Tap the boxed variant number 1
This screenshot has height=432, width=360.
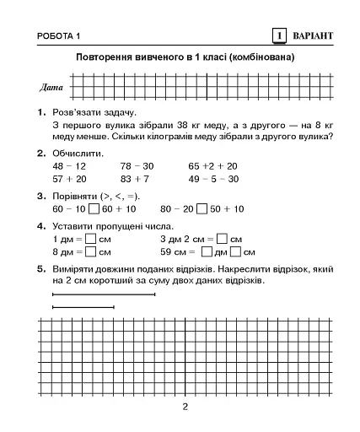click(278, 35)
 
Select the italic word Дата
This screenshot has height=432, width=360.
click(50, 87)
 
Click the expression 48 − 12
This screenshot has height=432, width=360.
click(69, 166)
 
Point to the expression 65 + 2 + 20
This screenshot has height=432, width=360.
click(212, 166)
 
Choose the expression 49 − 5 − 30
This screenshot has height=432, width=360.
click(212, 179)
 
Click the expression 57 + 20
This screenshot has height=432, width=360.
click(69, 179)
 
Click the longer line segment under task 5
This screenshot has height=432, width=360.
click(103, 294)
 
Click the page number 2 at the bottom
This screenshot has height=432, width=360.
click(185, 408)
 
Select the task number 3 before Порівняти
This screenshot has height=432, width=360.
click(40, 196)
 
